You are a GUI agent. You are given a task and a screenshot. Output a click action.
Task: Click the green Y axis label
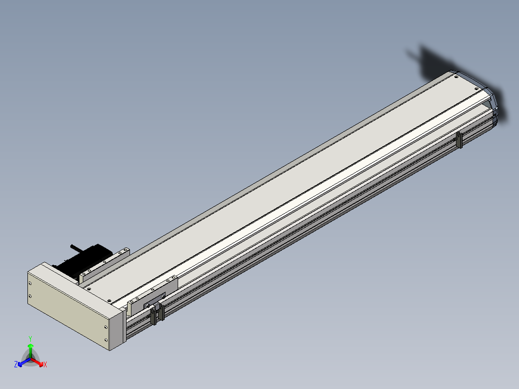(x=30, y=338)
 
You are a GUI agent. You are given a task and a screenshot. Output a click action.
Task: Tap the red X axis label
(x=45, y=364)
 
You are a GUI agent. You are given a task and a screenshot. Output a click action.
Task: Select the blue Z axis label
(x=16, y=364)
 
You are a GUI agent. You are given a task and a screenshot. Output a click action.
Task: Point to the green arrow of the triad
(x=30, y=350)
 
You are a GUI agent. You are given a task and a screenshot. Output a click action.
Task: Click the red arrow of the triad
(x=38, y=362)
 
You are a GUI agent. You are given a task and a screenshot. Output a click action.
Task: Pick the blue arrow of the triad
(x=24, y=362)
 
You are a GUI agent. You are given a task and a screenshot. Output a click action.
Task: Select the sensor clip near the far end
(x=459, y=140)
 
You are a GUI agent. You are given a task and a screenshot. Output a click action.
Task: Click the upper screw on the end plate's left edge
(x=30, y=284)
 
